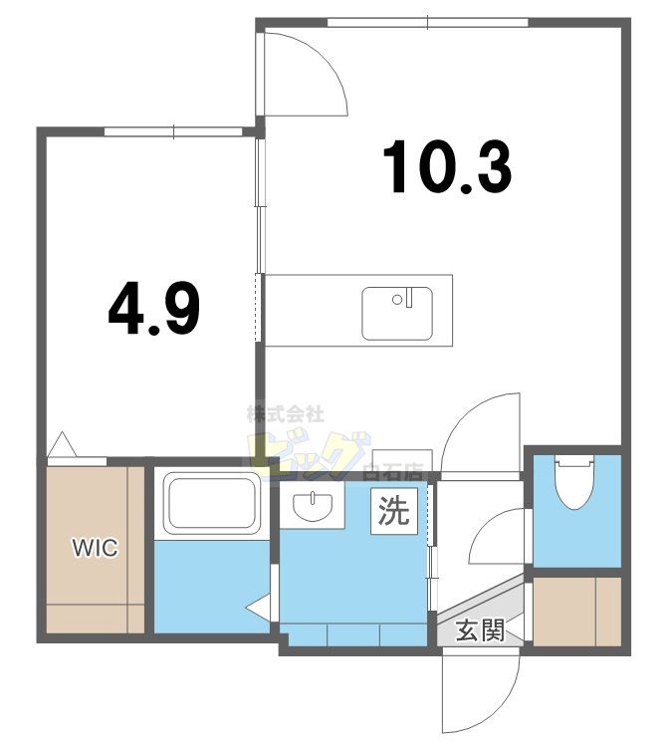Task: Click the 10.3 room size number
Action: pyautogui.click(x=447, y=167)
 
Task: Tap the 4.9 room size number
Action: pyautogui.click(x=153, y=308)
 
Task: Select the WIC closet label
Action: pyautogui.click(x=95, y=548)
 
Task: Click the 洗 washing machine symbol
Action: pyautogui.click(x=394, y=510)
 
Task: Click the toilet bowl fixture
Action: pyautogui.click(x=575, y=481)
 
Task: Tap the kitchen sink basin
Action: pyautogui.click(x=397, y=313)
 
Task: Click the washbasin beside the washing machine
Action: pyautogui.click(x=313, y=506)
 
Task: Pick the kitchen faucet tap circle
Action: pyautogui.click(x=397, y=299)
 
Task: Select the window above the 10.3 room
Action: pyautogui.click(x=428, y=22)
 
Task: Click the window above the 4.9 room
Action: pyautogui.click(x=174, y=131)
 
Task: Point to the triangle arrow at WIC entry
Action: pyautogui.click(x=63, y=445)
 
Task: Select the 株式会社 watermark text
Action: pyautogui.click(x=286, y=414)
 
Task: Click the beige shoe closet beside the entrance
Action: pyautogui.click(x=577, y=612)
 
